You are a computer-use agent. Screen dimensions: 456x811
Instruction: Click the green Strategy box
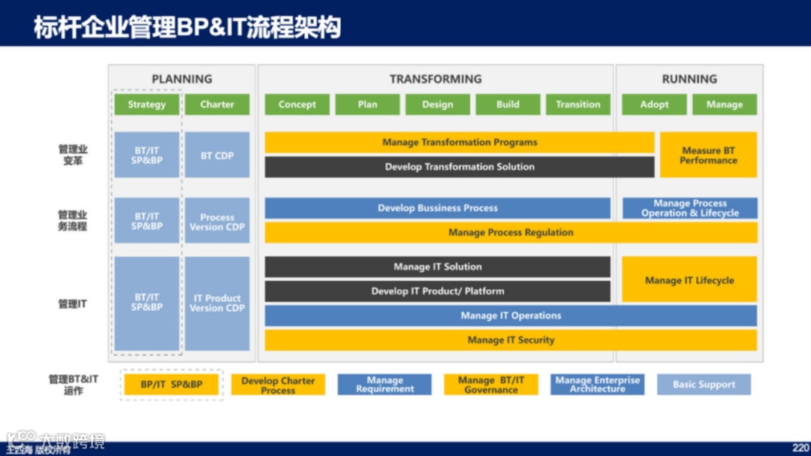146,104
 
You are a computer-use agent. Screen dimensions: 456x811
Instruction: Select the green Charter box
217,104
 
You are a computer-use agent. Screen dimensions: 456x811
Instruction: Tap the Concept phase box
297,104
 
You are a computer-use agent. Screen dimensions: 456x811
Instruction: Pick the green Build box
508,104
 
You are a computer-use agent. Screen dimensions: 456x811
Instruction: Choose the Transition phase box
578,104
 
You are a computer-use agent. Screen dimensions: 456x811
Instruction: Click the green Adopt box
654,104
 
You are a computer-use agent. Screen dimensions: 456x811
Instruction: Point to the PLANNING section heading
182,79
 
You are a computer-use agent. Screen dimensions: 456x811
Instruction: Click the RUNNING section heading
689,79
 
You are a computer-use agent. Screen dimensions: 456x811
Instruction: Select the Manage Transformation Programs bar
460,142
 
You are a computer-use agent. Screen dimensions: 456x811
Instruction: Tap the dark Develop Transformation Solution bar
460,167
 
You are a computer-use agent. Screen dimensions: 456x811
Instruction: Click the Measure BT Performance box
708,156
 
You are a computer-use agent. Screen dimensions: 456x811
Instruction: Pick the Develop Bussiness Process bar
437,208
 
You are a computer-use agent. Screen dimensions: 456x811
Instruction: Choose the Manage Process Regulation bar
511,233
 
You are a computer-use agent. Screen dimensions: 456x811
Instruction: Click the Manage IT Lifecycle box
689,280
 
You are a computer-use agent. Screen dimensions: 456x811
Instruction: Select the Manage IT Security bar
511,340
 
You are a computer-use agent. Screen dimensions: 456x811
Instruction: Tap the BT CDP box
217,156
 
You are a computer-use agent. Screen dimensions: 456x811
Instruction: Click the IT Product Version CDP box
217,303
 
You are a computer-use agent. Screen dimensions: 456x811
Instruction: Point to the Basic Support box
704,385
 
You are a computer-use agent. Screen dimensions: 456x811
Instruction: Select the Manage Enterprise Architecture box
597,385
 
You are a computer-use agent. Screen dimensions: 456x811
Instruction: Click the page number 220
800,447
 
